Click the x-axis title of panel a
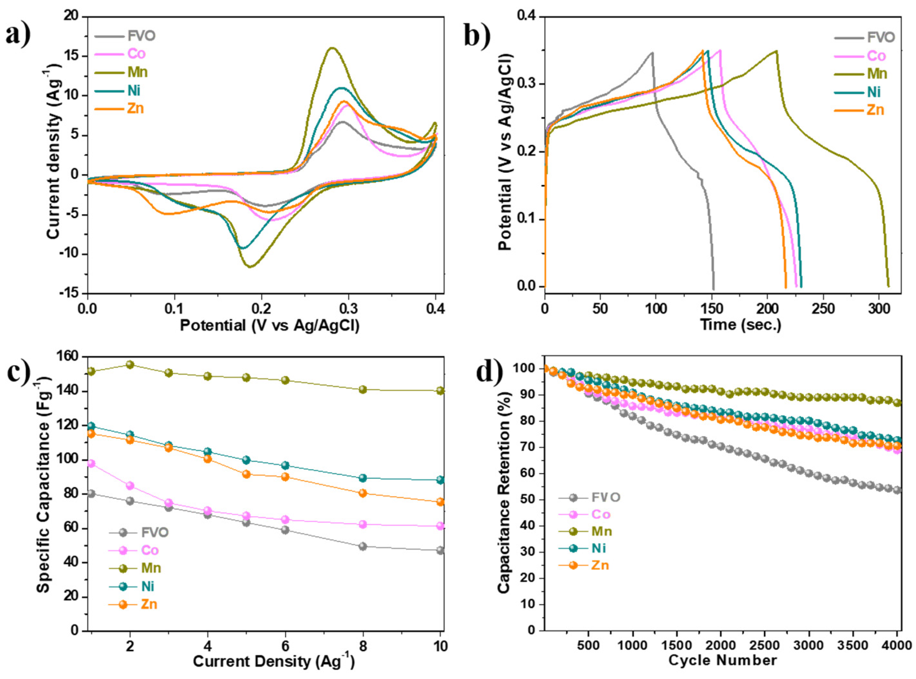(x=269, y=326)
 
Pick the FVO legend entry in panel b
(x=881, y=38)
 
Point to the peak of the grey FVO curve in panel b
(x=652, y=53)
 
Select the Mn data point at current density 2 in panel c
(x=130, y=365)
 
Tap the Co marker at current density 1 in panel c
(x=91, y=464)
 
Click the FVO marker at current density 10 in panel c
(x=440, y=550)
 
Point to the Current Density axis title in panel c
(x=273, y=662)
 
